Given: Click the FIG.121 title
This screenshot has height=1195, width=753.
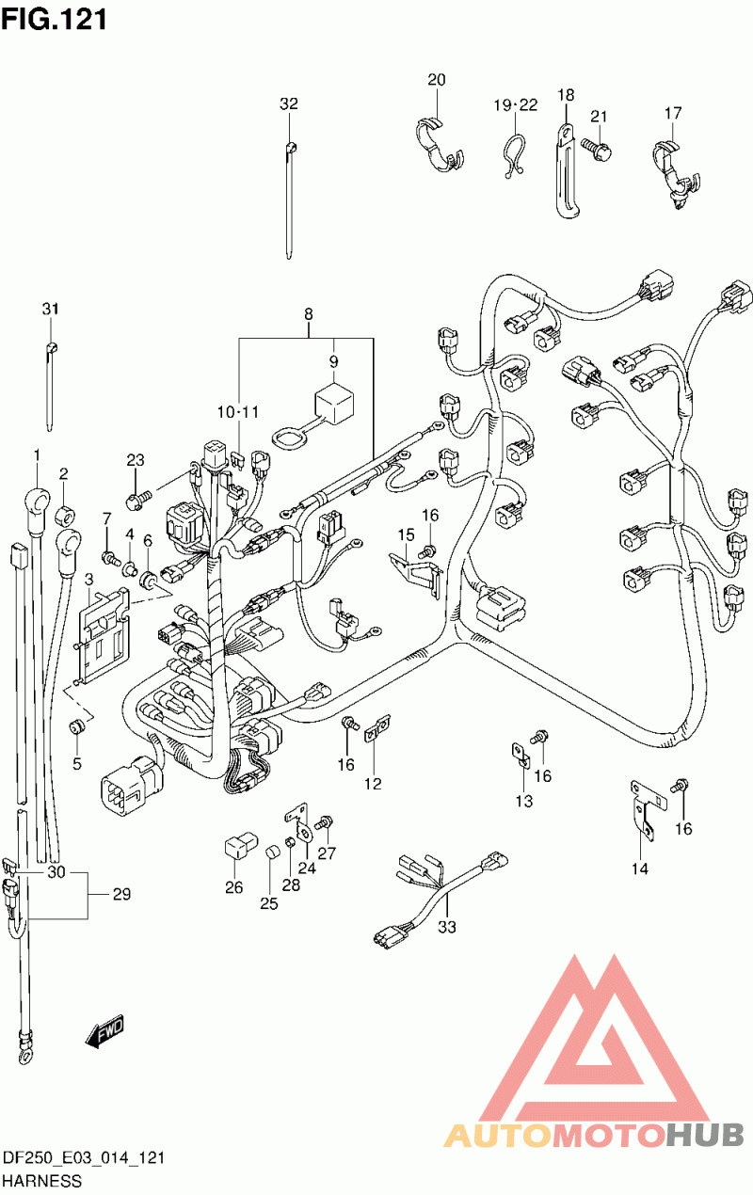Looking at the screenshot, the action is [54, 19].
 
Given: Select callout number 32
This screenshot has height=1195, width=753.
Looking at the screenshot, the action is [289, 104].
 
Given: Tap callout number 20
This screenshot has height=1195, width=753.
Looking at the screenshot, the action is [436, 79].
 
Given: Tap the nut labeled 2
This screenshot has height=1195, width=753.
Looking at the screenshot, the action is [66, 516].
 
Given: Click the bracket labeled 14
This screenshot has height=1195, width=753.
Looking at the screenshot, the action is [647, 810].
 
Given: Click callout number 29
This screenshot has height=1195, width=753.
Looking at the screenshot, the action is [121, 894].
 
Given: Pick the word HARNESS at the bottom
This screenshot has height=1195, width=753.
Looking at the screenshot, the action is [42, 1181].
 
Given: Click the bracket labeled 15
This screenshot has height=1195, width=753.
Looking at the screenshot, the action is [415, 575].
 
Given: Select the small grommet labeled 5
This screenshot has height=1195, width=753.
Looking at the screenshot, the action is [76, 726].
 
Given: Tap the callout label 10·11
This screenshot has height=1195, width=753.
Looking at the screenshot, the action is [237, 412].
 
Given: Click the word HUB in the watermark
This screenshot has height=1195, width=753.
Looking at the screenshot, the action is [705, 1137].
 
